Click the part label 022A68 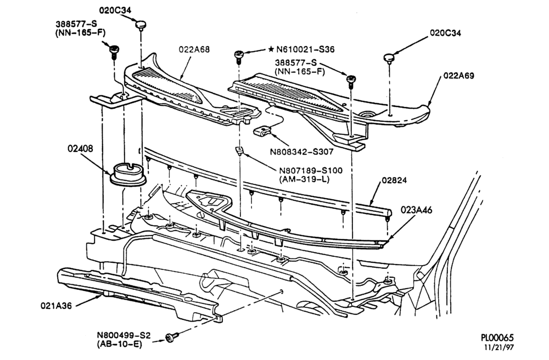[x=194, y=49]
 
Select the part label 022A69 [x=459, y=76]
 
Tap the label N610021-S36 [x=305, y=49]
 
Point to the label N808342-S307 [x=301, y=152]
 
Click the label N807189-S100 [x=311, y=171]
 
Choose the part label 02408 [x=81, y=148]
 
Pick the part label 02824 [x=394, y=181]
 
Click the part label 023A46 [x=417, y=210]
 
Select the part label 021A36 [x=56, y=306]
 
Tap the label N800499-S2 [x=124, y=335]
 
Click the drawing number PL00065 [x=497, y=338]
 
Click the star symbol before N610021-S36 [x=271, y=49]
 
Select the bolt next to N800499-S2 [x=173, y=337]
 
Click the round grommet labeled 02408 [x=127, y=174]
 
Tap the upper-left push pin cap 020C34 [x=141, y=25]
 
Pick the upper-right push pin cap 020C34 [x=389, y=58]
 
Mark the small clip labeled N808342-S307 [x=261, y=132]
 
